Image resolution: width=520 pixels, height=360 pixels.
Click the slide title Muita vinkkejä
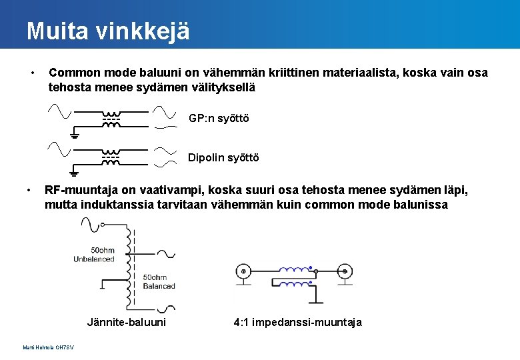tap(108, 31)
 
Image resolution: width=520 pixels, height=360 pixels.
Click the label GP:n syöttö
tap(219, 118)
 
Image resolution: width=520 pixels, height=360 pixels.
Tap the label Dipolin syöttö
tap(223, 158)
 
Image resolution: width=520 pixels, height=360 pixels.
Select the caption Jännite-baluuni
tap(127, 323)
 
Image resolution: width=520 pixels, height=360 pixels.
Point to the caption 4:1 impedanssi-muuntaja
tap(298, 323)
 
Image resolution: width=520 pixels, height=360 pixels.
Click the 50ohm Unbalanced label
tap(94, 255)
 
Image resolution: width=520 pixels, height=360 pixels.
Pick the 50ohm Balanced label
tap(159, 281)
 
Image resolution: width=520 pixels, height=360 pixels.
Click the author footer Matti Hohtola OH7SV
tap(48, 348)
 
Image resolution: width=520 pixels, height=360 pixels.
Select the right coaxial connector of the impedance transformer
tap(344, 271)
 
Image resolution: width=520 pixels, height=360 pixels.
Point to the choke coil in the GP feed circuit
tap(111, 119)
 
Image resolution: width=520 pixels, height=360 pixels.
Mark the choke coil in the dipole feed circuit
tap(111, 157)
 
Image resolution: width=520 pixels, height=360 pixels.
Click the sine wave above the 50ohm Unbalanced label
tap(91, 226)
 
